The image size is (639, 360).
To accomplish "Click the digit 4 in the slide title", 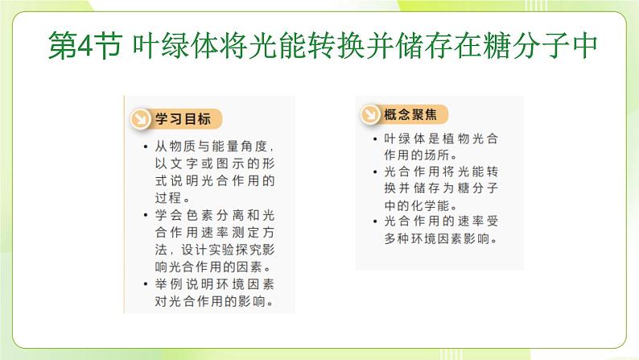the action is (85, 46).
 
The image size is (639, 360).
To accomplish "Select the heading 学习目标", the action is (183, 119).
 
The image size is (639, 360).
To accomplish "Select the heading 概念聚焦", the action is (410, 114).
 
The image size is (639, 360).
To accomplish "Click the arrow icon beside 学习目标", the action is (141, 119).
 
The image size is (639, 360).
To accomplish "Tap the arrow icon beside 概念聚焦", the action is (370, 114).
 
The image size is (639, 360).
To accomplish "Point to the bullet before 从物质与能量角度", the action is (146, 146).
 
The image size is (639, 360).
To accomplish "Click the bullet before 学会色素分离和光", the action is (146, 215).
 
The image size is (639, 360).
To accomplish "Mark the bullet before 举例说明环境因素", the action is (146, 283).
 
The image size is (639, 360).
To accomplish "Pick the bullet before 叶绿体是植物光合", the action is (375, 139).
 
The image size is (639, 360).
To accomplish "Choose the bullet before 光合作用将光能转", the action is (375, 172).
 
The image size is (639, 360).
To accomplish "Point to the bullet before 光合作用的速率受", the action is (375, 221).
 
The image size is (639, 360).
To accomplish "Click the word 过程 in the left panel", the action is (168, 198).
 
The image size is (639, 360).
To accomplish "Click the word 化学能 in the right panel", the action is (429, 205).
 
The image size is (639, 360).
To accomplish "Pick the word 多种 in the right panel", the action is (397, 238).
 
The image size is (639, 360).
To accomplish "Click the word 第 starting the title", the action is (62, 46).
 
